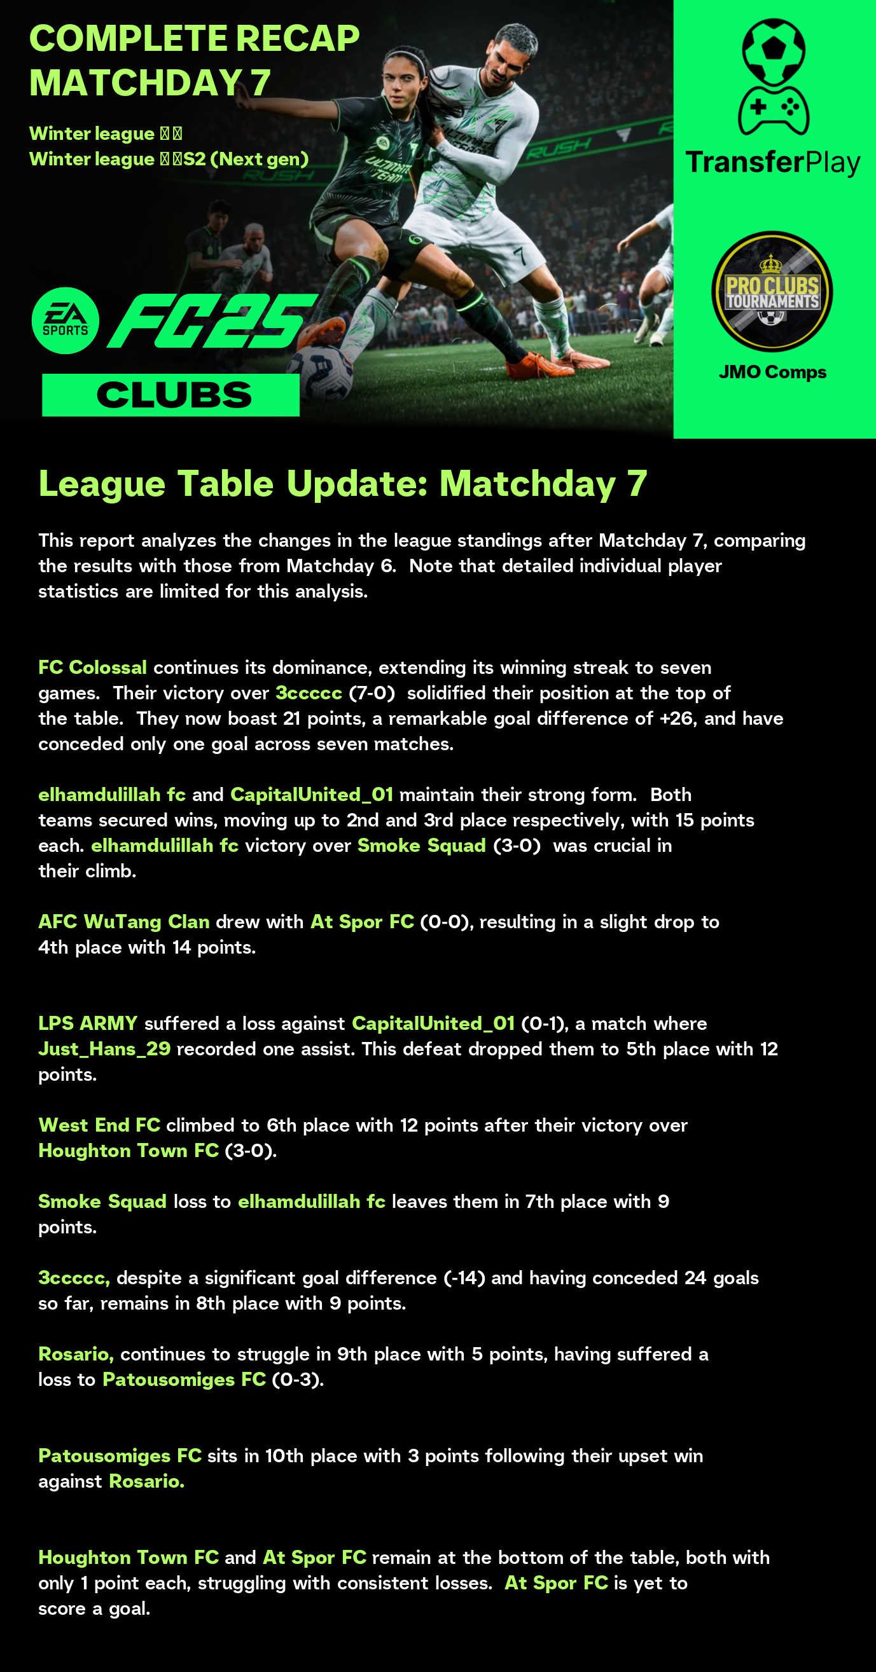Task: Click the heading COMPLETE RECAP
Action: tap(194, 39)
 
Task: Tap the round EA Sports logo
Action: tap(66, 320)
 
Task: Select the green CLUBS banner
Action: tap(170, 395)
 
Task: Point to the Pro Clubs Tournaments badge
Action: tap(772, 292)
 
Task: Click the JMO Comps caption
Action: tap(772, 372)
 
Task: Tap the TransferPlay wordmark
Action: tap(772, 162)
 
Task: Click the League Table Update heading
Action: tap(342, 484)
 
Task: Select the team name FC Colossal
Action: tap(92, 668)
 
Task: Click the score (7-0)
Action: tap(372, 692)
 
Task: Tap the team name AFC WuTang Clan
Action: tap(123, 922)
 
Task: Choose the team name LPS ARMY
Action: tap(88, 1024)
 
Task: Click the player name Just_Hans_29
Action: tap(104, 1049)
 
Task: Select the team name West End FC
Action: tap(99, 1125)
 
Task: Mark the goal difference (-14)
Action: tap(464, 1277)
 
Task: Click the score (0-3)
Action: tap(296, 1380)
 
